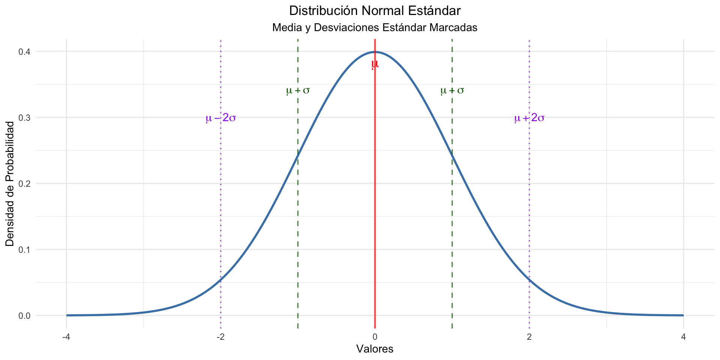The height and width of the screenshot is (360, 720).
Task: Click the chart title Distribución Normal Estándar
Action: tap(375, 11)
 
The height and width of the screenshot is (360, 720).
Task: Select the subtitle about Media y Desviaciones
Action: tap(375, 28)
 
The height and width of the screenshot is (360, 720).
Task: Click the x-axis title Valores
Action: tap(375, 349)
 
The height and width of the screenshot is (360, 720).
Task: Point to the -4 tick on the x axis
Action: tap(66, 337)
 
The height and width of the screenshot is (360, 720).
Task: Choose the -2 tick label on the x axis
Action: tap(220, 337)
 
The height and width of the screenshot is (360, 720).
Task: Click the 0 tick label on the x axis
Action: tap(375, 337)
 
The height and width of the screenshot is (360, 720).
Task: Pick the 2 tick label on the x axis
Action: tap(529, 337)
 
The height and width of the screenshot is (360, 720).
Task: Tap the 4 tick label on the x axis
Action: tap(683, 337)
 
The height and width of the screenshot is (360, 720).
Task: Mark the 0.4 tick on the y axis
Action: tap(24, 51)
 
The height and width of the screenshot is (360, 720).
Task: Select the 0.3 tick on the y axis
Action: tap(24, 117)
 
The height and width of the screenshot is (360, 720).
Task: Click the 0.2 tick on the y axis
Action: tap(24, 183)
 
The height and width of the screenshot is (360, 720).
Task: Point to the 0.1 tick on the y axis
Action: tap(24, 249)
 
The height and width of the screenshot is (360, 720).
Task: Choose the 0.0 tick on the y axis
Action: tap(24, 315)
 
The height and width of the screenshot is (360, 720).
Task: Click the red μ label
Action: tap(375, 64)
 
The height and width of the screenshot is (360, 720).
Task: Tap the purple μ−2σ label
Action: tap(221, 118)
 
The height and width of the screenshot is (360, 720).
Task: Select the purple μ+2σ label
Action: tap(529, 118)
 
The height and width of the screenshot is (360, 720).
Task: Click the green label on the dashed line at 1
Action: tap(452, 90)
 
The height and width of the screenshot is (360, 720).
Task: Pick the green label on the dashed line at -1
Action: tap(298, 90)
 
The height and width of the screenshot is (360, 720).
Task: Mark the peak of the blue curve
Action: tap(375, 52)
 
